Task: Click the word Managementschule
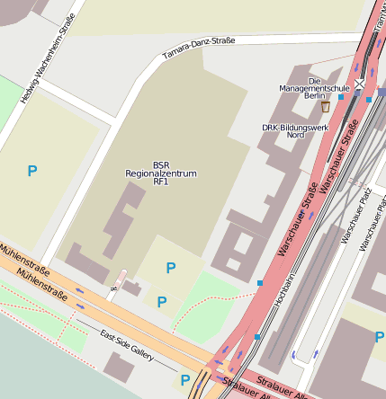coord(315,88)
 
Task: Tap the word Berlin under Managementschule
coord(315,96)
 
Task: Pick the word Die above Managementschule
coord(315,80)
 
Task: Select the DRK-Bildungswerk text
coord(295,127)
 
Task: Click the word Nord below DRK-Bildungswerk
coord(295,135)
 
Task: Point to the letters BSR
coord(161,164)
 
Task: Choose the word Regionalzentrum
coord(161,173)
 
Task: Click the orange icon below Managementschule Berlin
coord(325,107)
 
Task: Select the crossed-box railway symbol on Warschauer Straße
coord(360,84)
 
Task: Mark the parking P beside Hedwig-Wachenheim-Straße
coord(32,170)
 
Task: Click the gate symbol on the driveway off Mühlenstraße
coord(114,289)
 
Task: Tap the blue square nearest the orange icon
coord(341,97)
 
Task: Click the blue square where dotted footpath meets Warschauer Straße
coord(259,283)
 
